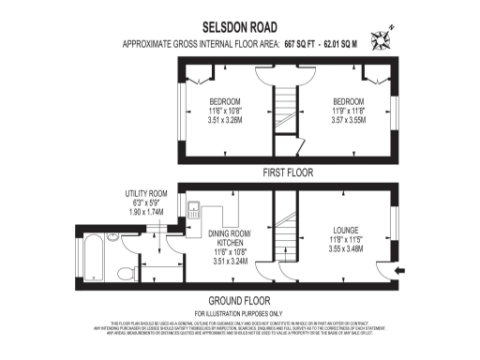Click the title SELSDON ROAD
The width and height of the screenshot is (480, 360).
point(239,29)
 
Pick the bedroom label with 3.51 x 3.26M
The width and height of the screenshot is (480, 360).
point(224,101)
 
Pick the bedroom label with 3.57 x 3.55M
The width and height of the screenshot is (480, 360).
point(350,101)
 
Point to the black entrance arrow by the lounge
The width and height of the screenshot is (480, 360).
point(401,271)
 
